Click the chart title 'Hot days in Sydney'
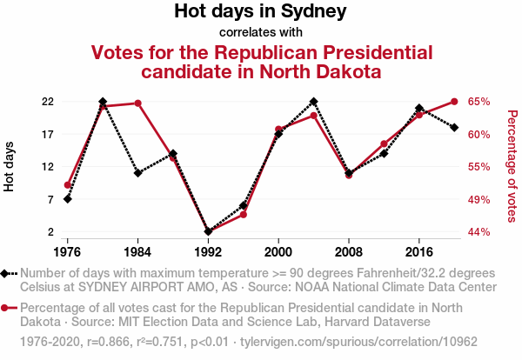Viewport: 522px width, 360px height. click(261, 12)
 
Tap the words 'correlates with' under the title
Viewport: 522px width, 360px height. click(261, 33)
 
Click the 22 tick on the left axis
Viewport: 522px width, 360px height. click(49, 102)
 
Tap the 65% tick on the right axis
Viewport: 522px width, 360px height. click(479, 102)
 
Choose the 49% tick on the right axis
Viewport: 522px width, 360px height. click(479, 200)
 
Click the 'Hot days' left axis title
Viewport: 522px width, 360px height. click(10, 166)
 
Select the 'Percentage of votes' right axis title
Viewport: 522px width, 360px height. click(512, 166)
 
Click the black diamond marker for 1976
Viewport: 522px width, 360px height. click(67, 199)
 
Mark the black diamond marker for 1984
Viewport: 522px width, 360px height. click(137, 173)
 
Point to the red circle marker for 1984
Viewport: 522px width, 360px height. click(137, 103)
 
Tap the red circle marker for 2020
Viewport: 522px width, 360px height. click(454, 102)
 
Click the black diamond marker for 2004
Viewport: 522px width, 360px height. click(313, 102)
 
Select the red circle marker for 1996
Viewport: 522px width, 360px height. click(244, 214)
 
